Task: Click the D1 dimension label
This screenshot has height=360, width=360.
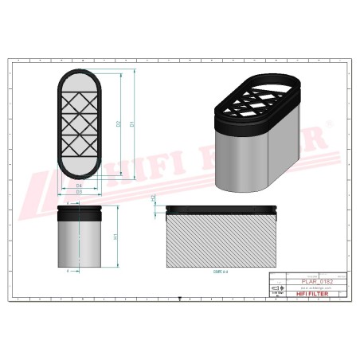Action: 133,123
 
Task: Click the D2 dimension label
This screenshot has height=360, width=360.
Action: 119,123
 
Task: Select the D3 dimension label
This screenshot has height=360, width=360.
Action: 80,192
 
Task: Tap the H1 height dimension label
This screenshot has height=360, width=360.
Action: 116,237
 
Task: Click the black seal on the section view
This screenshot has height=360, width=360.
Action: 221,210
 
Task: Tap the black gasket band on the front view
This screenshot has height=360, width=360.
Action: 80,212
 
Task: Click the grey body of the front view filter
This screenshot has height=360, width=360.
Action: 80,243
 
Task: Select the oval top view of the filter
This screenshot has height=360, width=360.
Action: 80,125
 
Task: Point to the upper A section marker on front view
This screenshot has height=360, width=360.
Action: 68,202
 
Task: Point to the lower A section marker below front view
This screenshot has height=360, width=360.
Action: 68,271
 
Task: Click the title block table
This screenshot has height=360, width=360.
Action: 307,287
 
